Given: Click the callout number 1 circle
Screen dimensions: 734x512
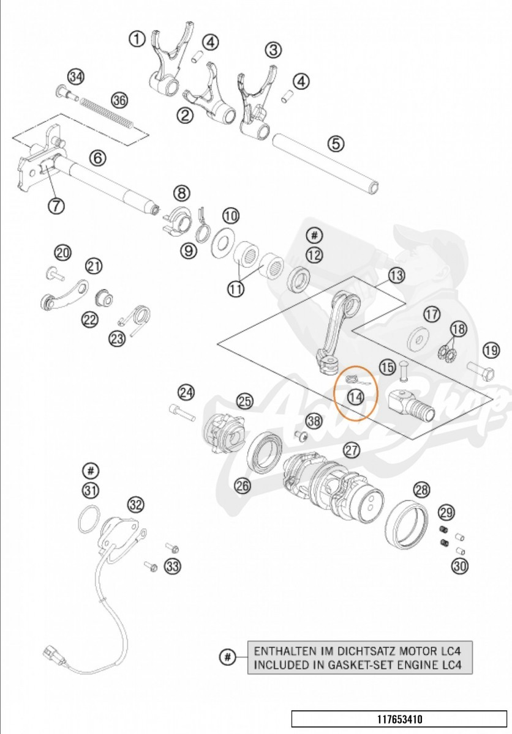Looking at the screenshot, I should tap(137, 39).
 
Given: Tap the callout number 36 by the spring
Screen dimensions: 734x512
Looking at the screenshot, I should tap(119, 100).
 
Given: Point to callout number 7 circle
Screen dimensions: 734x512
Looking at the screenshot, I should tap(56, 206).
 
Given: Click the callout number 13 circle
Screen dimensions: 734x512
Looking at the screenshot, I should tap(396, 275).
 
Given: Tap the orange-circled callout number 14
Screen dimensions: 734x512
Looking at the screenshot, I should tap(355, 396).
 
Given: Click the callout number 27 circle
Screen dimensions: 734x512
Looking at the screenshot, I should tap(351, 451).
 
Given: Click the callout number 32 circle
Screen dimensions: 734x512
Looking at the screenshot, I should tap(135, 505).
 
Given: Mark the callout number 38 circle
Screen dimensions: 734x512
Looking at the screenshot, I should tap(314, 421).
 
